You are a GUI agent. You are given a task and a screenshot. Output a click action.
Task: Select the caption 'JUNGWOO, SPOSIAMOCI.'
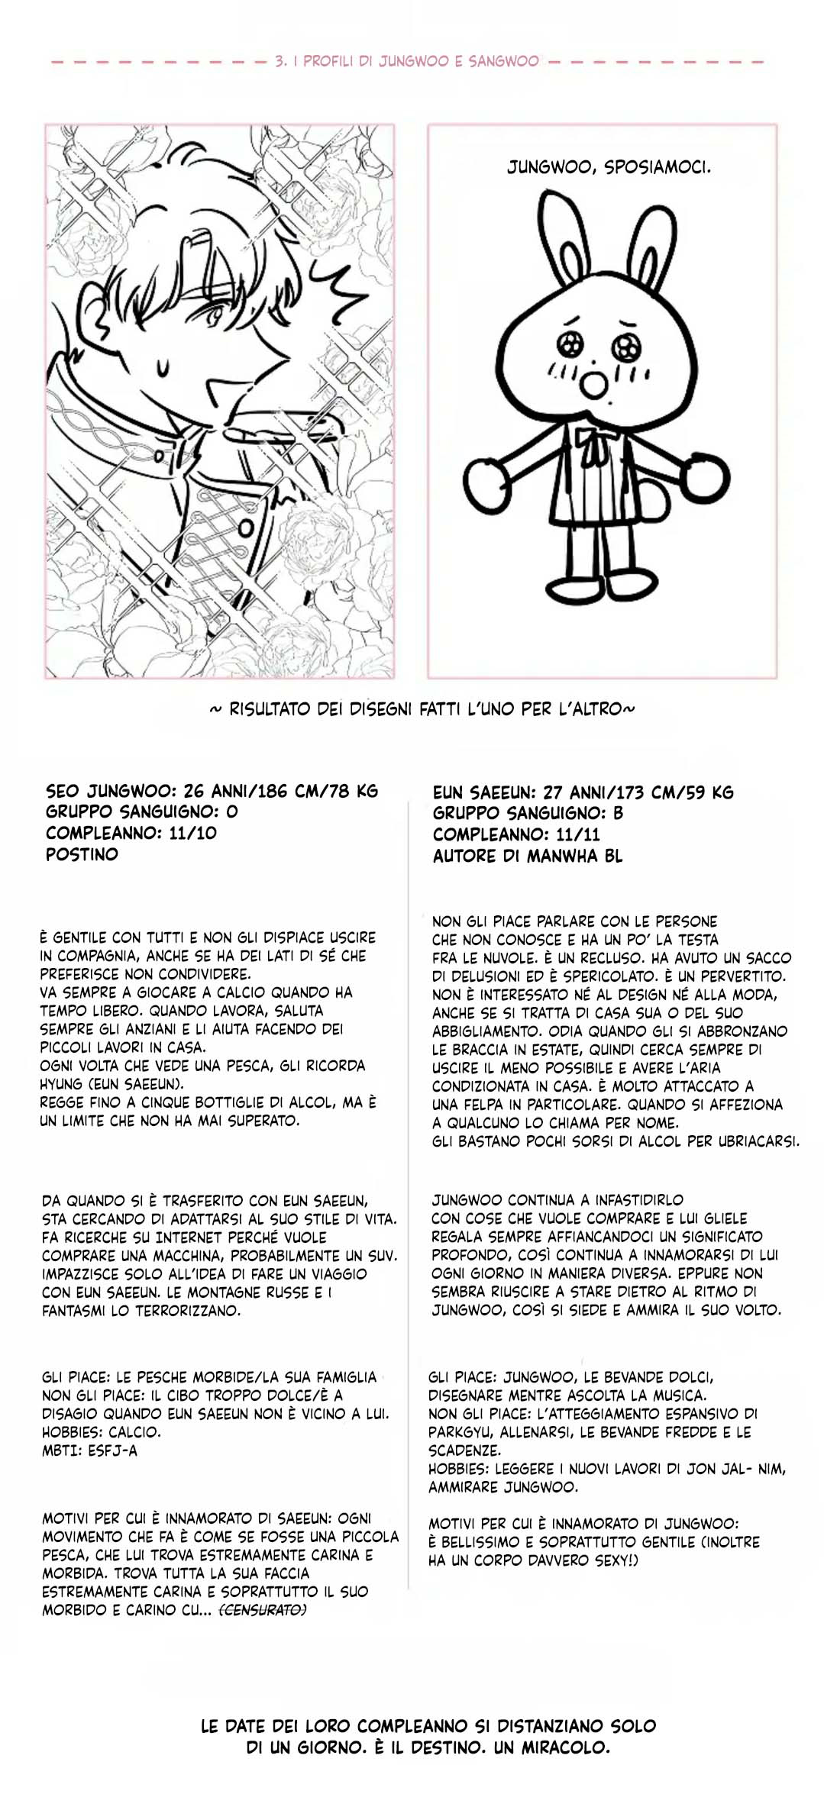(x=609, y=167)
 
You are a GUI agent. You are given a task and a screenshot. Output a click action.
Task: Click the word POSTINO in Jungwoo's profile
(x=82, y=854)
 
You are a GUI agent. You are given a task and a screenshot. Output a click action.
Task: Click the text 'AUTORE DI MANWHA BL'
(x=527, y=856)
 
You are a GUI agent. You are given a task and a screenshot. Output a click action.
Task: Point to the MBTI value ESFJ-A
(x=112, y=1450)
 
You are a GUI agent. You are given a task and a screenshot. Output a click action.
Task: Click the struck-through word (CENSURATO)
(x=263, y=1610)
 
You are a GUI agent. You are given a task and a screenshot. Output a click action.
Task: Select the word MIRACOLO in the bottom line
(x=564, y=1747)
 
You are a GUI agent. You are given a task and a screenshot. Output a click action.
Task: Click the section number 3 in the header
(x=280, y=61)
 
